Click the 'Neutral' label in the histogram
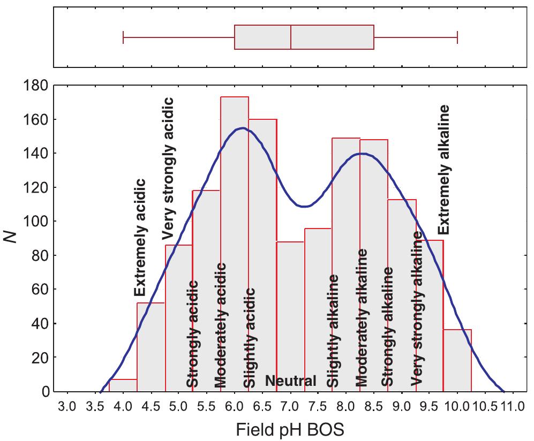[291, 381]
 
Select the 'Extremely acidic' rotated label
[139, 238]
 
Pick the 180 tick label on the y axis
[36, 85]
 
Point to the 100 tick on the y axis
[36, 222]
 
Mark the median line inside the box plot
[290, 37]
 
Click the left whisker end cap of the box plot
[123, 37]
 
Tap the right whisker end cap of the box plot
[457, 37]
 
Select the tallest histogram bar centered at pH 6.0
[235, 246]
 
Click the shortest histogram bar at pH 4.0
[123, 385]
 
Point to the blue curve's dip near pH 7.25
[304, 206]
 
